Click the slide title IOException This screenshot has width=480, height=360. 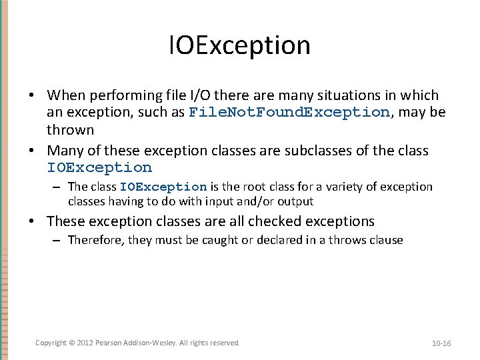240,45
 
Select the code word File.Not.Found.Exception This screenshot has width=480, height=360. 289,112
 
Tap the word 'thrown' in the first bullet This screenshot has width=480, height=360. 70,129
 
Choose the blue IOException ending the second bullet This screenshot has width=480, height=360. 99,168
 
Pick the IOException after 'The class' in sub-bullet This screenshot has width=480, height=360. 163,187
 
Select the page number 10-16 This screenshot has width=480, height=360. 441,343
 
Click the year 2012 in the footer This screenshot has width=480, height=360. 84,343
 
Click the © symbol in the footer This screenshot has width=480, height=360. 71,343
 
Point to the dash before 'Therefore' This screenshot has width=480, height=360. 56,241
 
